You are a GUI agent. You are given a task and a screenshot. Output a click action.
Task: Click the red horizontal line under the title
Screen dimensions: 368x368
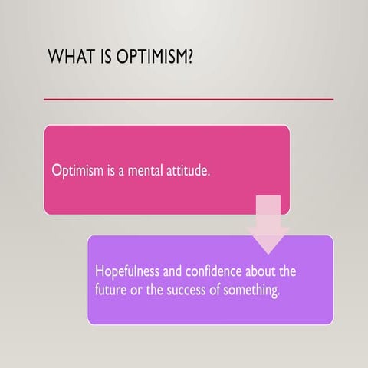pos(189,99)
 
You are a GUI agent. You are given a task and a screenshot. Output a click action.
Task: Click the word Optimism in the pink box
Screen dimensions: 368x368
pos(76,170)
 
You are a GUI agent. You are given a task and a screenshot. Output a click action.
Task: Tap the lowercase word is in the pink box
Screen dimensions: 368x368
pos(109,170)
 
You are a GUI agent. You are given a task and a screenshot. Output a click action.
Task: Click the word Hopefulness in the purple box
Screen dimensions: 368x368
pos(127,272)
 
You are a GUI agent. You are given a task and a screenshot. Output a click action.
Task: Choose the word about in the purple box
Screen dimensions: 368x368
pos(262,272)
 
